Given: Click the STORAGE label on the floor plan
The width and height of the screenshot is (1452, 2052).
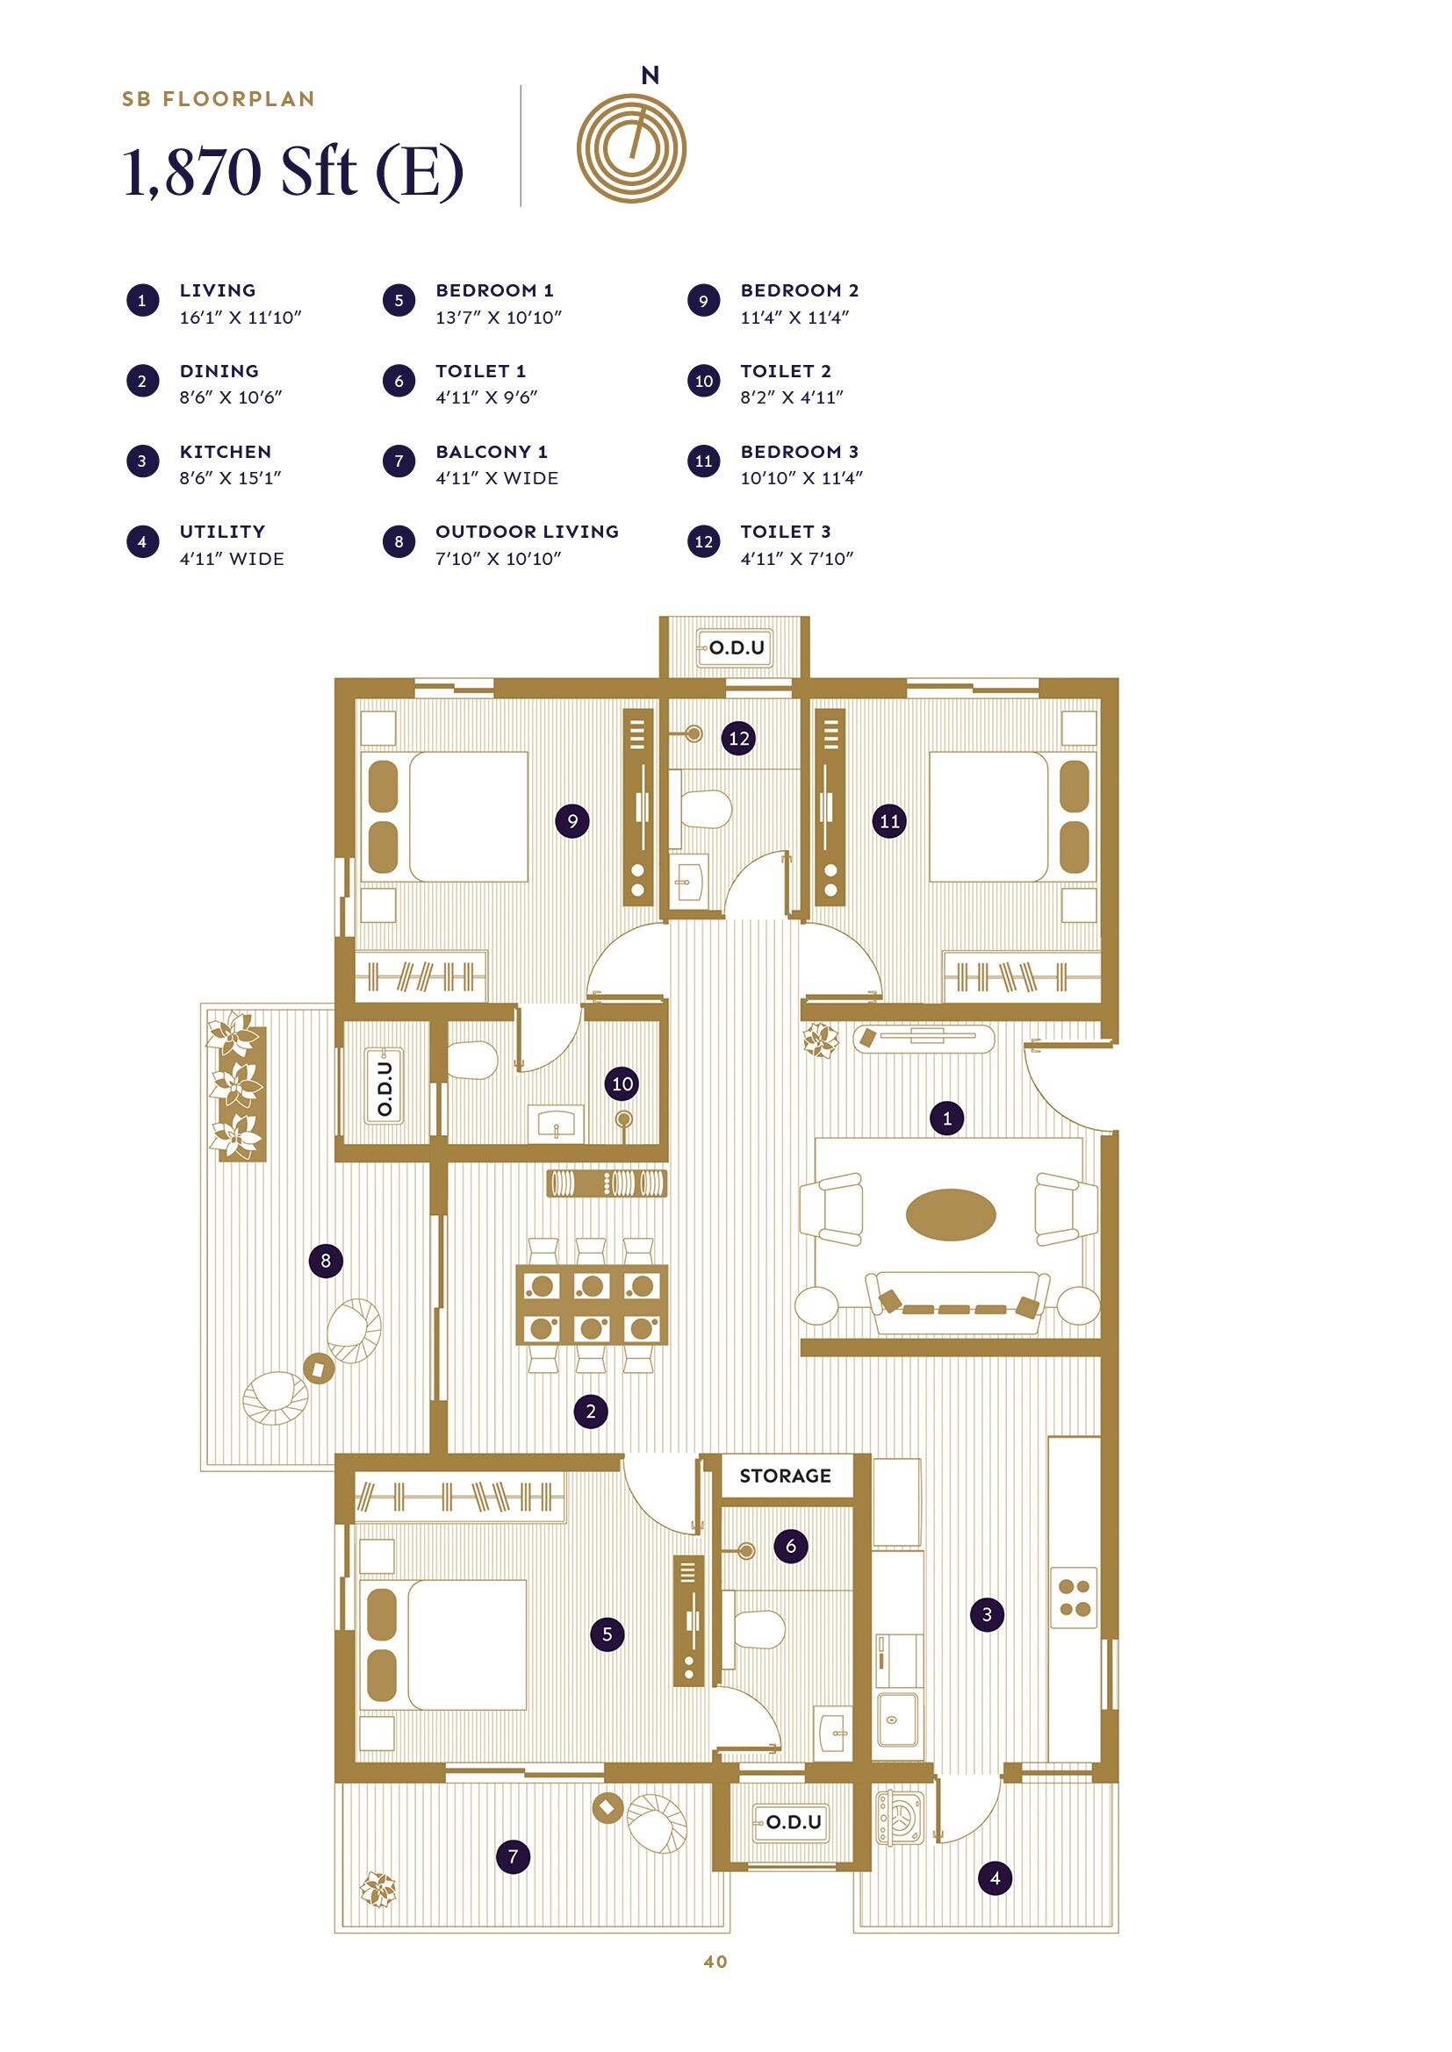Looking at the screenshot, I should click(784, 1476).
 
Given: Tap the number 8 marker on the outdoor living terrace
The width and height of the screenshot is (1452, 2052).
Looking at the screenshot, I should click(326, 1260).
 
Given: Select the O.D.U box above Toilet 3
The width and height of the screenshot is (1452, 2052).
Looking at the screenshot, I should click(735, 647).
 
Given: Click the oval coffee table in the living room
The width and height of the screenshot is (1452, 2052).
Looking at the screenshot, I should click(950, 1214).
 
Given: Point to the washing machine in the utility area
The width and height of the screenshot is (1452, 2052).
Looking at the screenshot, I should click(899, 1817).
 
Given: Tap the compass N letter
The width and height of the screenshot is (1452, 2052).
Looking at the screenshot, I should click(650, 76).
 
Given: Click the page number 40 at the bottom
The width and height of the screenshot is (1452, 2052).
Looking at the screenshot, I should click(715, 1961).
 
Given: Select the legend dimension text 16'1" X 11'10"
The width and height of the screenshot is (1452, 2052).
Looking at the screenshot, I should click(240, 318).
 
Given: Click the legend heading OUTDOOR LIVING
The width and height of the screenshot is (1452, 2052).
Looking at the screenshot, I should click(527, 532).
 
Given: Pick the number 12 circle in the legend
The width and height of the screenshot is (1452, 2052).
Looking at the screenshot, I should click(704, 541).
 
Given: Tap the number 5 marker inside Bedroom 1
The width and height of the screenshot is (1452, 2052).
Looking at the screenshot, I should click(607, 1634).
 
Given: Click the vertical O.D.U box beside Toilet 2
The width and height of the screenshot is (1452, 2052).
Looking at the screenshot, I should click(385, 1087).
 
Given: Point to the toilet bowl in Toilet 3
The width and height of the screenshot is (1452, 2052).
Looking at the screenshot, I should click(707, 809).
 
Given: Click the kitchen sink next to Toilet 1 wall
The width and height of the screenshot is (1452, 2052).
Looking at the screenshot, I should click(897, 1719).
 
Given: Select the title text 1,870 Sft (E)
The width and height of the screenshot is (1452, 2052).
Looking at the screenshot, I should click(292, 172).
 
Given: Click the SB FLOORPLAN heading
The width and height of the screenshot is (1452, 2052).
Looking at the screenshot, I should click(219, 99).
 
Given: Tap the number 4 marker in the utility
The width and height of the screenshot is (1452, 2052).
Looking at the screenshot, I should click(996, 1877).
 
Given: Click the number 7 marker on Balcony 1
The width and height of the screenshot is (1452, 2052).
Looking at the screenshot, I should click(514, 1856).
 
